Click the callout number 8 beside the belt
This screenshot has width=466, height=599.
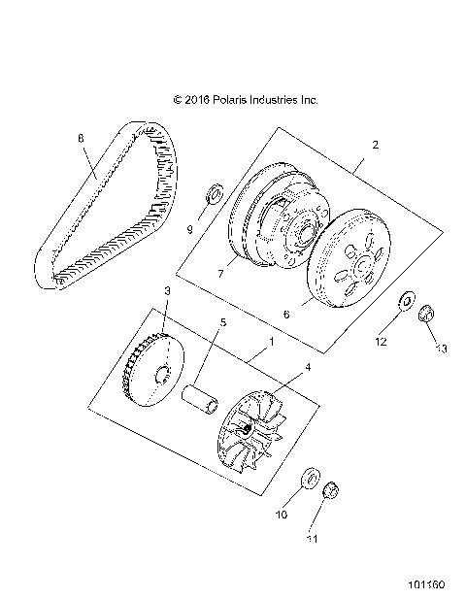click(82, 138)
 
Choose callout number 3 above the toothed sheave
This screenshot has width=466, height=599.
click(167, 291)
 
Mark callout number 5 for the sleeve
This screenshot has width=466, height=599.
click(222, 321)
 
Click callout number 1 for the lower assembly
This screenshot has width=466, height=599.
click(272, 343)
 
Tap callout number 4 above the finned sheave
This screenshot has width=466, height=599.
click(309, 367)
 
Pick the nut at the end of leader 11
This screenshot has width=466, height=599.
click(330, 490)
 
